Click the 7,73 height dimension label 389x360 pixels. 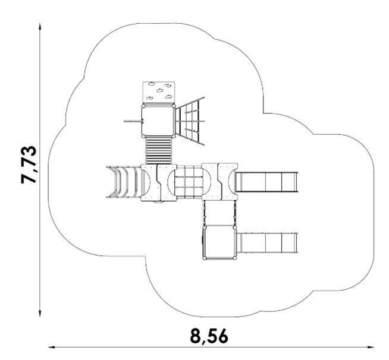29,165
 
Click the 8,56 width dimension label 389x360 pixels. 209,336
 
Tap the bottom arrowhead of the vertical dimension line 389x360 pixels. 40,313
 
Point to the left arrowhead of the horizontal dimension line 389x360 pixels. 52,347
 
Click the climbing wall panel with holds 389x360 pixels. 159,92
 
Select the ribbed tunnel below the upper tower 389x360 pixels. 159,150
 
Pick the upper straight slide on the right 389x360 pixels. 266,182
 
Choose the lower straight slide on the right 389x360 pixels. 267,242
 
